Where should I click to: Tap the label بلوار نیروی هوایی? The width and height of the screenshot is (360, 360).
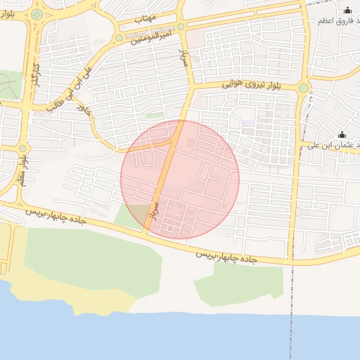tap(250, 83)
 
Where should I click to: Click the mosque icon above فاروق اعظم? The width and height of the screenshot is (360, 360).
tap(347, 10)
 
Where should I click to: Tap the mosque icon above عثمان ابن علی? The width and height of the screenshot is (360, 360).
tap(342, 134)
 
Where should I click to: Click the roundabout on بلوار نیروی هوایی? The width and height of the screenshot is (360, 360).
tap(303, 88)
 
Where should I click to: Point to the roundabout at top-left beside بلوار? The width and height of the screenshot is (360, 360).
tap(37, 14)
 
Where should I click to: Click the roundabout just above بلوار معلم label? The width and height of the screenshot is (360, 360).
tap(22, 148)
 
